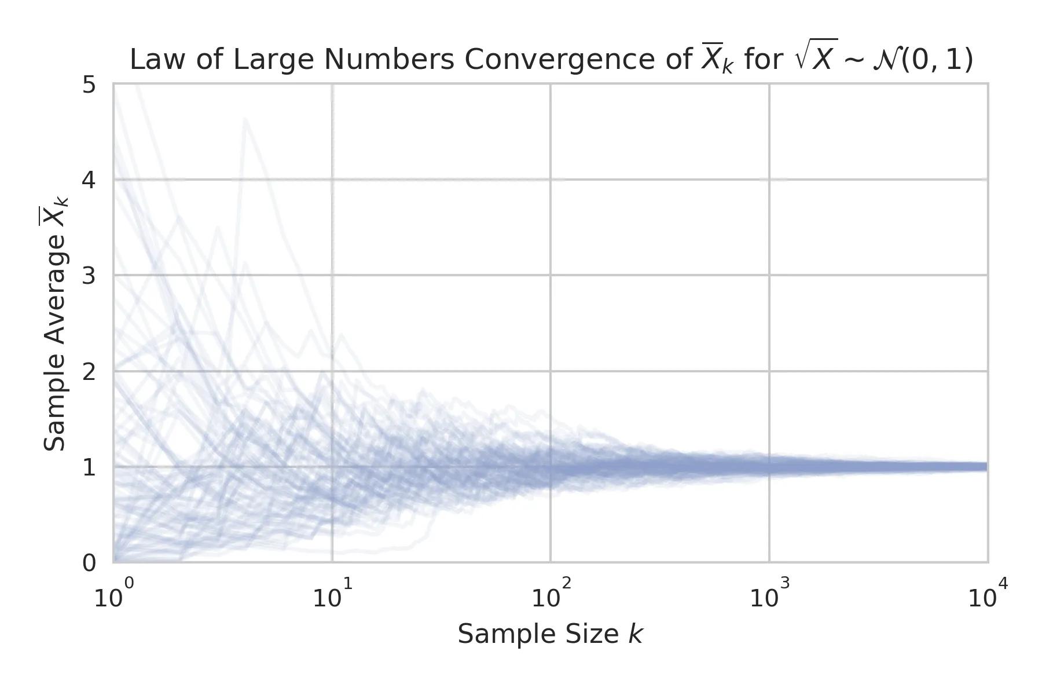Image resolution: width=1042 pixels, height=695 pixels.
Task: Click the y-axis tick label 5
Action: [x=89, y=85]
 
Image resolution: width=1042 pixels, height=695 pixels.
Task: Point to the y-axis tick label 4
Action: [x=89, y=180]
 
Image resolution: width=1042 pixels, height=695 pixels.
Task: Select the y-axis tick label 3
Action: [x=89, y=276]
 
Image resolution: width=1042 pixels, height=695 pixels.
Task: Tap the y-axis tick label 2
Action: [x=89, y=371]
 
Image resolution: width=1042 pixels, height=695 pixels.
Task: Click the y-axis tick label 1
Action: [x=89, y=467]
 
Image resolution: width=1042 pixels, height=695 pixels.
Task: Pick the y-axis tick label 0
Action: [x=89, y=562]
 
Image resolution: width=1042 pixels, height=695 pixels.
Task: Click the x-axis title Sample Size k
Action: [x=550, y=634]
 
